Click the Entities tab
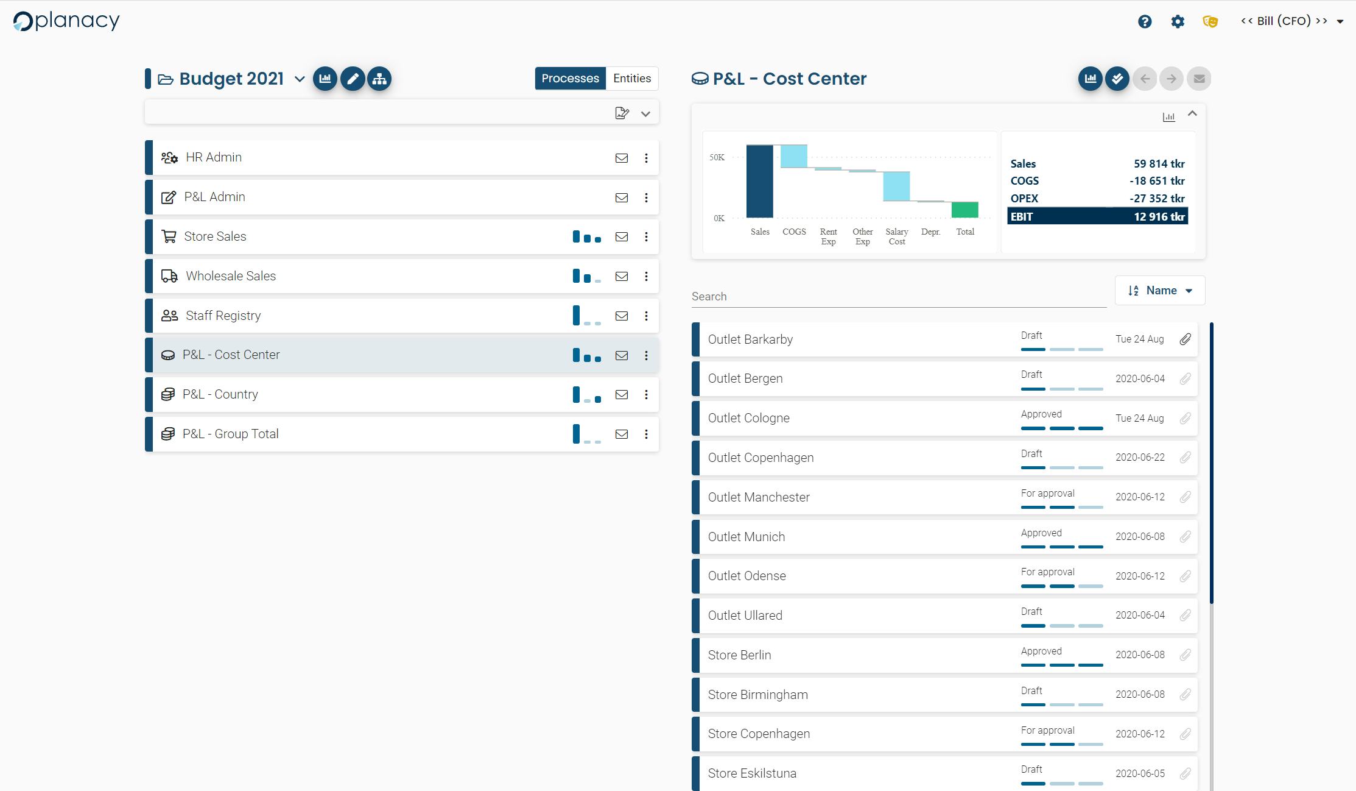pyautogui.click(x=631, y=78)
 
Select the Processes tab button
pyautogui.click(x=570, y=78)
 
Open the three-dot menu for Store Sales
pyautogui.click(x=646, y=236)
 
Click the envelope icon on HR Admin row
pyautogui.click(x=621, y=158)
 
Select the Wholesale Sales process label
pyautogui.click(x=230, y=276)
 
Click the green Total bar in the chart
pyautogui.click(x=964, y=210)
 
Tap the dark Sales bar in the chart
pyautogui.click(x=759, y=181)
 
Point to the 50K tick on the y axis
pyautogui.click(x=717, y=157)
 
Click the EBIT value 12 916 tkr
pyautogui.click(x=1159, y=216)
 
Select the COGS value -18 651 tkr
pyautogui.click(x=1156, y=181)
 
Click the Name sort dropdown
pyautogui.click(x=1159, y=291)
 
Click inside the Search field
pyautogui.click(x=898, y=296)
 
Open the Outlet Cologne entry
pyautogui.click(x=748, y=418)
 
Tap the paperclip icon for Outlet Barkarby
pyautogui.click(x=1185, y=339)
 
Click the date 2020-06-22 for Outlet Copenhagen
pyautogui.click(x=1139, y=458)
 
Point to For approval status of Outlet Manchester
pyautogui.click(x=1047, y=493)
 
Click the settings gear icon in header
pyautogui.click(x=1178, y=21)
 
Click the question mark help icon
pyautogui.click(x=1144, y=21)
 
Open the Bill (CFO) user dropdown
pyautogui.click(x=1291, y=21)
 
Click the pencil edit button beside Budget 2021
pyautogui.click(x=353, y=79)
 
